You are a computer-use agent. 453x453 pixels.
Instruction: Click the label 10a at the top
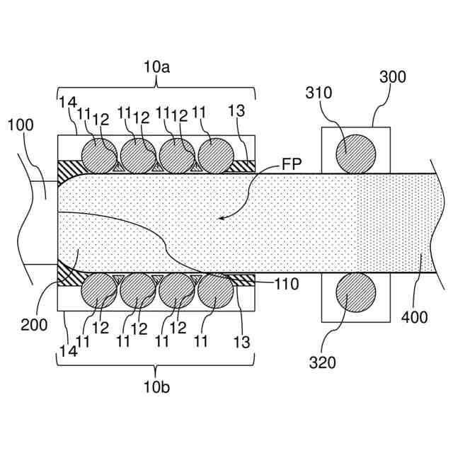(x=157, y=68)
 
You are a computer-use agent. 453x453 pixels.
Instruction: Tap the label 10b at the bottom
(x=156, y=387)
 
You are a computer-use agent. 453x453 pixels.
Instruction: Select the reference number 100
(x=20, y=125)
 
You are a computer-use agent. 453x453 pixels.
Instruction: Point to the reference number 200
(x=34, y=325)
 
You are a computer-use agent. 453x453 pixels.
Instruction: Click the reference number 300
(x=393, y=77)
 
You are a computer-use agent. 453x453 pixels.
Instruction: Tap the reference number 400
(x=414, y=318)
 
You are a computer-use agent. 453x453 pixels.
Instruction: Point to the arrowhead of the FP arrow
(x=220, y=219)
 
